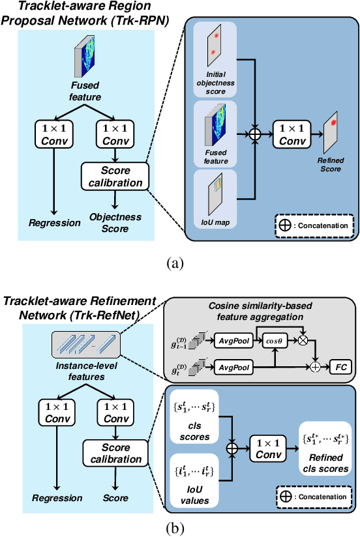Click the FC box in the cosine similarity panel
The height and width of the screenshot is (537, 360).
point(340,366)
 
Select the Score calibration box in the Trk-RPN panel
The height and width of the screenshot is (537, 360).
point(115,177)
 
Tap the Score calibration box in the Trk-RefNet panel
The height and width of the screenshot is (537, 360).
point(115,454)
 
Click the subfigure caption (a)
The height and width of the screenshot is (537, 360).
point(180,263)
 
